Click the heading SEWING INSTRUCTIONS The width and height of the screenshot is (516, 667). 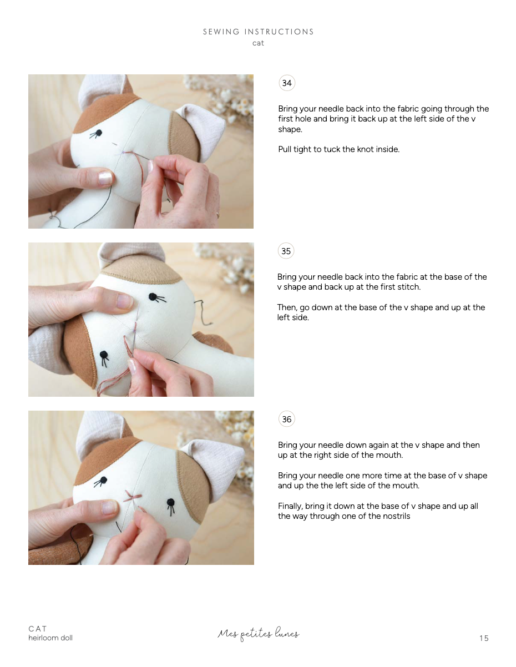tap(258, 32)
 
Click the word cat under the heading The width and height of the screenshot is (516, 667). tap(258, 43)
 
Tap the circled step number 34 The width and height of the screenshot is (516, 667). tap(287, 83)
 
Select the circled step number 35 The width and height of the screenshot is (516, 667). tap(286, 251)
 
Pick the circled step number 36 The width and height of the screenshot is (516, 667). tap(286, 420)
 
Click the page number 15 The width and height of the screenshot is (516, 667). tap(484, 638)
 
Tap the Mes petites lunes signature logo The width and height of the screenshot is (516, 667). tap(258, 634)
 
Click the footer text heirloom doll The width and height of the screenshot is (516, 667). tap(50, 638)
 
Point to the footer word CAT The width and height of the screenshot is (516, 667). tap(38, 629)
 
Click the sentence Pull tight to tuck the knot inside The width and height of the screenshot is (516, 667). tap(338, 149)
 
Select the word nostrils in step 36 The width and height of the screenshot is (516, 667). tap(397, 516)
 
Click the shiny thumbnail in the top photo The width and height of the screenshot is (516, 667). tap(104, 179)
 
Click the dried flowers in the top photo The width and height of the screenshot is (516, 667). tap(230, 100)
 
